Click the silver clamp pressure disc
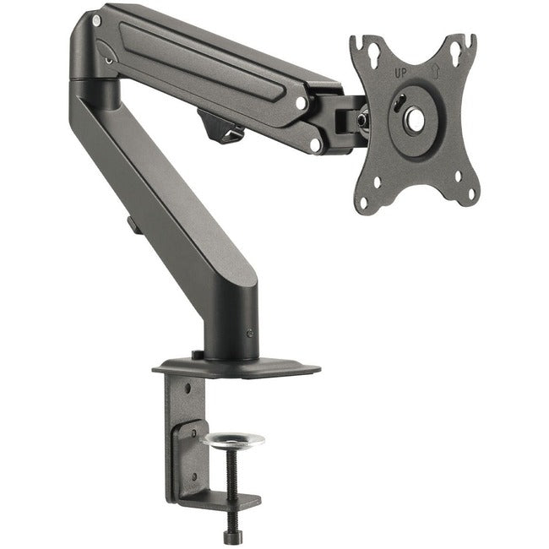[233, 440]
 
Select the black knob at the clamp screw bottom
[232, 535]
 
